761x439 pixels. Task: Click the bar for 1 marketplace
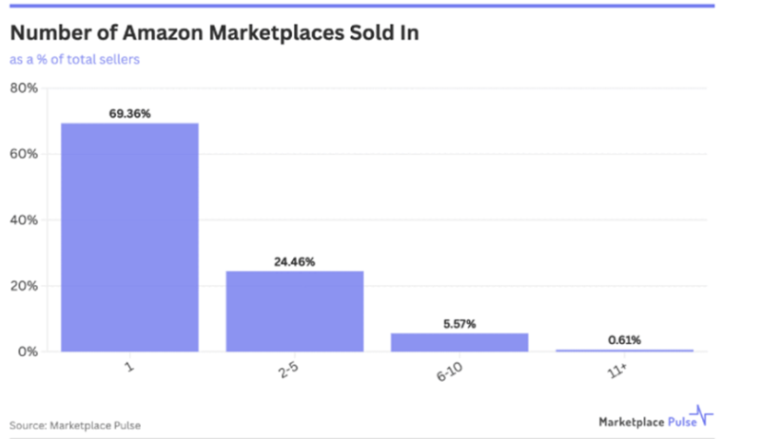click(x=130, y=238)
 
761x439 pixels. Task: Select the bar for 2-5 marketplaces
click(x=294, y=311)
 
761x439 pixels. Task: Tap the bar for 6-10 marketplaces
click(x=459, y=342)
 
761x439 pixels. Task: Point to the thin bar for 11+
click(x=624, y=351)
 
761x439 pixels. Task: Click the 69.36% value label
click(x=130, y=114)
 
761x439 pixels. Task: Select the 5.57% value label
click(x=459, y=324)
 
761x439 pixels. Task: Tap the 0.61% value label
click(x=624, y=339)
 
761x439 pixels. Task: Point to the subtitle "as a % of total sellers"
click(x=75, y=60)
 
